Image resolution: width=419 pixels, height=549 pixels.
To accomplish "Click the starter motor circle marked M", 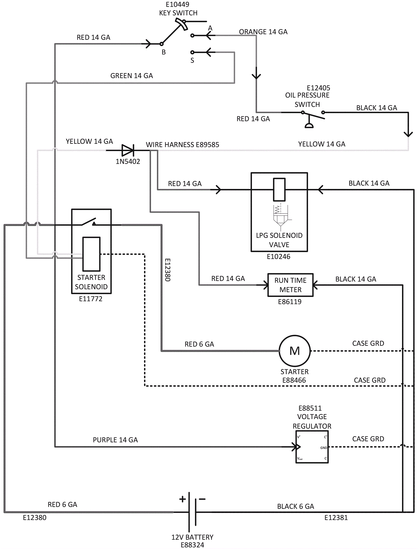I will pyautogui.click(x=295, y=351).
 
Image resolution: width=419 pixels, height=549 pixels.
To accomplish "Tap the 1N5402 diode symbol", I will pyautogui.click(x=128, y=150).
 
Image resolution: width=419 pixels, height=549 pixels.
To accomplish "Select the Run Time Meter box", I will pyautogui.click(x=290, y=285).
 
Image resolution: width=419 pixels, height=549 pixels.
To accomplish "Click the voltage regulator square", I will pyautogui.click(x=312, y=447).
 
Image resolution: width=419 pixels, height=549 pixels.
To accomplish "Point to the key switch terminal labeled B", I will pyautogui.click(x=162, y=44).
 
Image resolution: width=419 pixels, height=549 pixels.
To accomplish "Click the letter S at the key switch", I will pyautogui.click(x=192, y=61).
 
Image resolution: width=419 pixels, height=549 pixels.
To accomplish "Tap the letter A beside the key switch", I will pyautogui.click(x=210, y=28).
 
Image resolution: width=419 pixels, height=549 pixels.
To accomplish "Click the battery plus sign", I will pyautogui.click(x=183, y=499).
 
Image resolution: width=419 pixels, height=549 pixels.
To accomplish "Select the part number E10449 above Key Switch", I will pyautogui.click(x=177, y=4).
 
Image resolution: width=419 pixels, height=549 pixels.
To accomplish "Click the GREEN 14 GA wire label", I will pyautogui.click(x=131, y=76).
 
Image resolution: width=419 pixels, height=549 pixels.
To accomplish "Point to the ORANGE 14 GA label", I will pyautogui.click(x=263, y=32).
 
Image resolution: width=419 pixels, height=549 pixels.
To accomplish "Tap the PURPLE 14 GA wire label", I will pyautogui.click(x=115, y=440).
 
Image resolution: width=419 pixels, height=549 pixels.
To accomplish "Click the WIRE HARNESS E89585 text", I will pyautogui.click(x=182, y=145).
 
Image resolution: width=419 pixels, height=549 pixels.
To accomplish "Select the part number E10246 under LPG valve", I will pyautogui.click(x=278, y=256).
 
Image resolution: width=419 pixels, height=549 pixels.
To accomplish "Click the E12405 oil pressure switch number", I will pyautogui.click(x=318, y=88).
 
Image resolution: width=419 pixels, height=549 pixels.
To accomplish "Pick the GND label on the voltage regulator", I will pyautogui.click(x=324, y=448).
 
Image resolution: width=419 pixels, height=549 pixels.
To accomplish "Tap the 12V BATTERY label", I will pyautogui.click(x=192, y=537).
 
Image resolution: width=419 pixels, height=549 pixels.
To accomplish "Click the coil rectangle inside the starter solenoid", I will pyautogui.click(x=91, y=254).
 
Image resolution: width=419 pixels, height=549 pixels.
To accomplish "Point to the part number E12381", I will pyautogui.click(x=336, y=518).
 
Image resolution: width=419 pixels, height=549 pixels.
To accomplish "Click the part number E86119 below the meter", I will pyautogui.click(x=290, y=302).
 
